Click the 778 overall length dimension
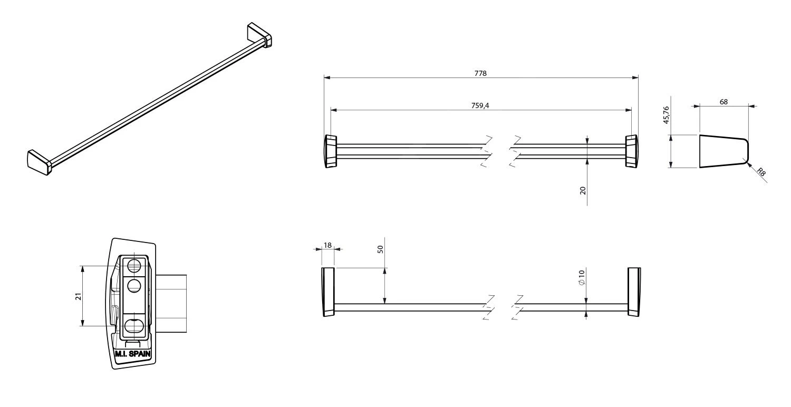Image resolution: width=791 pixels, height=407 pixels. (x=480, y=73)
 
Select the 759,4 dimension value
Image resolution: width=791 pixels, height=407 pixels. (x=480, y=105)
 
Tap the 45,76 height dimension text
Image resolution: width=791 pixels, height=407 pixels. (x=666, y=115)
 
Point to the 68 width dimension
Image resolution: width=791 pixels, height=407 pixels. (x=724, y=102)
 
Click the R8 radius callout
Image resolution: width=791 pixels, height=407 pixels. (x=761, y=172)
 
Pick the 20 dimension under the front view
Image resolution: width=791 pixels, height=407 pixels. (x=583, y=191)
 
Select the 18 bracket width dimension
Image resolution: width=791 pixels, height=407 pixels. (x=327, y=245)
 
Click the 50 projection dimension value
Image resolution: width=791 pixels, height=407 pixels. (x=380, y=249)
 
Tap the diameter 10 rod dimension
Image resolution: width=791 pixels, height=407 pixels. (x=582, y=277)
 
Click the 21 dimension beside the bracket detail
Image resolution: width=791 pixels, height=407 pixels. (x=78, y=296)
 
